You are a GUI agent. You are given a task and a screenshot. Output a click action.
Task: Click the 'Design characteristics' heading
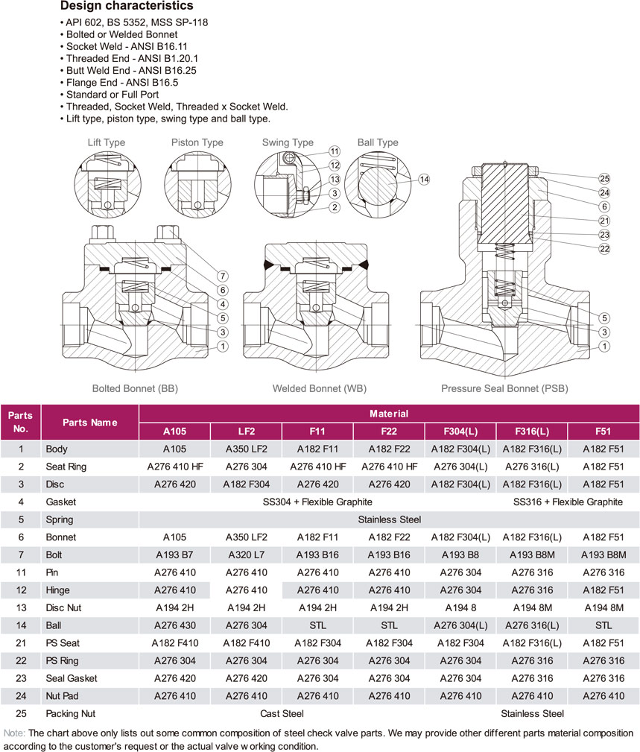[x=127, y=7]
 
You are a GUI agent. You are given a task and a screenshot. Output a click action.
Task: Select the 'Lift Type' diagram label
[x=106, y=142]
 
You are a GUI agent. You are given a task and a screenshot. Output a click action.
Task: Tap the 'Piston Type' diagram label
[x=197, y=142]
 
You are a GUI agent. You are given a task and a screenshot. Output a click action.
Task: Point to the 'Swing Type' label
[x=288, y=142]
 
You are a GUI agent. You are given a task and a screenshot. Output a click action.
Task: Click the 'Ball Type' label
[x=378, y=142]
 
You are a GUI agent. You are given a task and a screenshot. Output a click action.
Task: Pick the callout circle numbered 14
[x=424, y=180]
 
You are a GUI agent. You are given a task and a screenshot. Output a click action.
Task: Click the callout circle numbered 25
[x=604, y=178]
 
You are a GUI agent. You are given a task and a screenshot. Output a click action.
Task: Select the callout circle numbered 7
[x=221, y=277]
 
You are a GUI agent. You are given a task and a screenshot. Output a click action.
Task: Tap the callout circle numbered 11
[x=335, y=151]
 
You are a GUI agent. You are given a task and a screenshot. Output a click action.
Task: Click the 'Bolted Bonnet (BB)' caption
[x=135, y=388]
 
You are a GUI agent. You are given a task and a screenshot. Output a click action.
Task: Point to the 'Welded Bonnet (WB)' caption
[x=320, y=388]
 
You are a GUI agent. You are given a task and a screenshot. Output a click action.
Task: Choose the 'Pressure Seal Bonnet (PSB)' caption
[x=504, y=388]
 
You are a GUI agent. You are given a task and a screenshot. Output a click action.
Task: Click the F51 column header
[x=603, y=432]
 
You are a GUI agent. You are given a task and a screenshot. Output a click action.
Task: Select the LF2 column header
[x=246, y=432]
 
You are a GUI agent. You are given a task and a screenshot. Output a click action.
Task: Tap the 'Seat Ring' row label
[x=66, y=467]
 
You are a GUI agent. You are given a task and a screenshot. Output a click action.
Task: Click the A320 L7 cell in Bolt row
[x=246, y=554]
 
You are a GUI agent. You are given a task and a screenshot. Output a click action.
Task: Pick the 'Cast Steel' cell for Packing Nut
[x=282, y=713]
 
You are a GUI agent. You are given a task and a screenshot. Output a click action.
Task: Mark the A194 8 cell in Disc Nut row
[x=460, y=607]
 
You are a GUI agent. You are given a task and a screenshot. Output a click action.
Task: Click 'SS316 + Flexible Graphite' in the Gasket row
[x=568, y=502]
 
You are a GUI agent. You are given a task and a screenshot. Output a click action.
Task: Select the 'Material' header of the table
[x=389, y=413]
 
